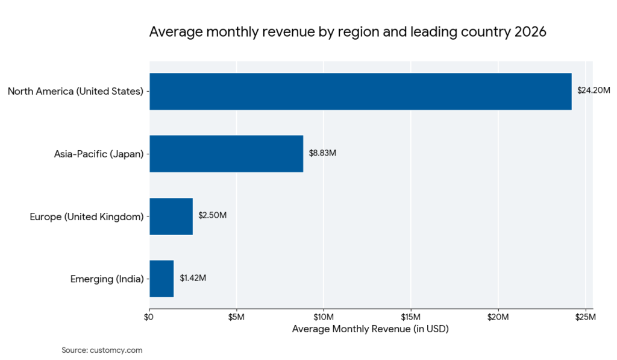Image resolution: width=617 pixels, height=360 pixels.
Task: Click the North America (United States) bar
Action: click(x=360, y=91)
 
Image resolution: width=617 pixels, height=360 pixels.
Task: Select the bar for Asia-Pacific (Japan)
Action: click(x=226, y=154)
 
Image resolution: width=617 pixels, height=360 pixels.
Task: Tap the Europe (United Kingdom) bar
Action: click(x=171, y=216)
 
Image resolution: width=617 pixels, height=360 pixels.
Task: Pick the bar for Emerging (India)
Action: click(x=161, y=279)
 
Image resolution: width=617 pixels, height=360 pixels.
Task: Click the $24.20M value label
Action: click(x=594, y=91)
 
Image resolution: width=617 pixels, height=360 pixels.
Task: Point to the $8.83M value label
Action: click(x=322, y=153)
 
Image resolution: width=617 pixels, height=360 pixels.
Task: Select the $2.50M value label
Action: click(x=212, y=216)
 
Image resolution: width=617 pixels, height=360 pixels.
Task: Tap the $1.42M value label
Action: click(x=193, y=279)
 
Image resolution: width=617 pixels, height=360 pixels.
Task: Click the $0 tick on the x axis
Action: click(x=149, y=317)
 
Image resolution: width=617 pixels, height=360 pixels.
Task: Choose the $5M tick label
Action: click(x=236, y=317)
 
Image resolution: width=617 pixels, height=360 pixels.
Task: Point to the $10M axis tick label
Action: click(x=324, y=317)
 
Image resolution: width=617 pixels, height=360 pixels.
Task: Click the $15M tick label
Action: click(x=410, y=317)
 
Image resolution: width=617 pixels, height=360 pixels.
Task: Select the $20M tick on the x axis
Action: click(x=498, y=317)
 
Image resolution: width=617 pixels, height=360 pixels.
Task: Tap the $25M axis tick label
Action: click(x=585, y=317)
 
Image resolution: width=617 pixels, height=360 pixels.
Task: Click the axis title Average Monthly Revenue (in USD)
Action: click(x=371, y=329)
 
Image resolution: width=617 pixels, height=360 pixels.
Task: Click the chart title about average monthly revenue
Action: click(x=348, y=33)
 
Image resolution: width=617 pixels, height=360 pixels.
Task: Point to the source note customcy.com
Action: click(x=102, y=350)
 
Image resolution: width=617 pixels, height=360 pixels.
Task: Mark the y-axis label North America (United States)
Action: click(x=75, y=92)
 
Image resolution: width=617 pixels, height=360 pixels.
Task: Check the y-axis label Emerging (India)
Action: click(x=107, y=279)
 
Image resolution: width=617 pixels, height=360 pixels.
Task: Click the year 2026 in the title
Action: click(x=530, y=33)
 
